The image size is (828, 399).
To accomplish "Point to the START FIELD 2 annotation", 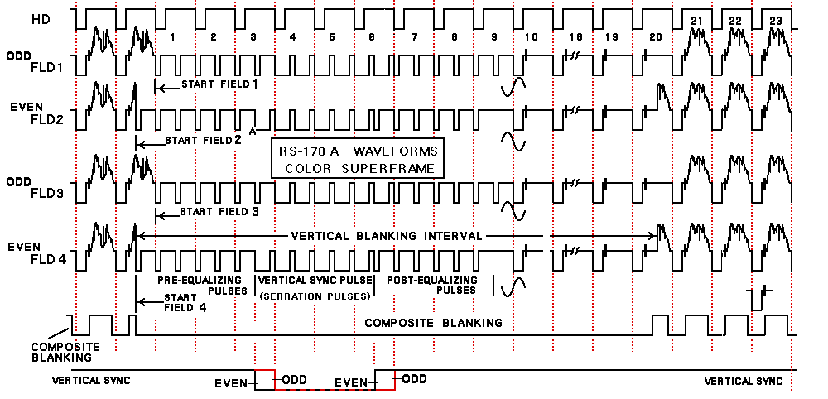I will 203,140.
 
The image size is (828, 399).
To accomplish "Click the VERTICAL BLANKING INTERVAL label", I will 387,236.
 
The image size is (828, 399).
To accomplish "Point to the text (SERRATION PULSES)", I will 315,296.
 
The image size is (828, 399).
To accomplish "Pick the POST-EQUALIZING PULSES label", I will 431,286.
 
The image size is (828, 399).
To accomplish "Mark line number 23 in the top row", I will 776,20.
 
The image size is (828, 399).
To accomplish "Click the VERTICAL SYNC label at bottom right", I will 743,382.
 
